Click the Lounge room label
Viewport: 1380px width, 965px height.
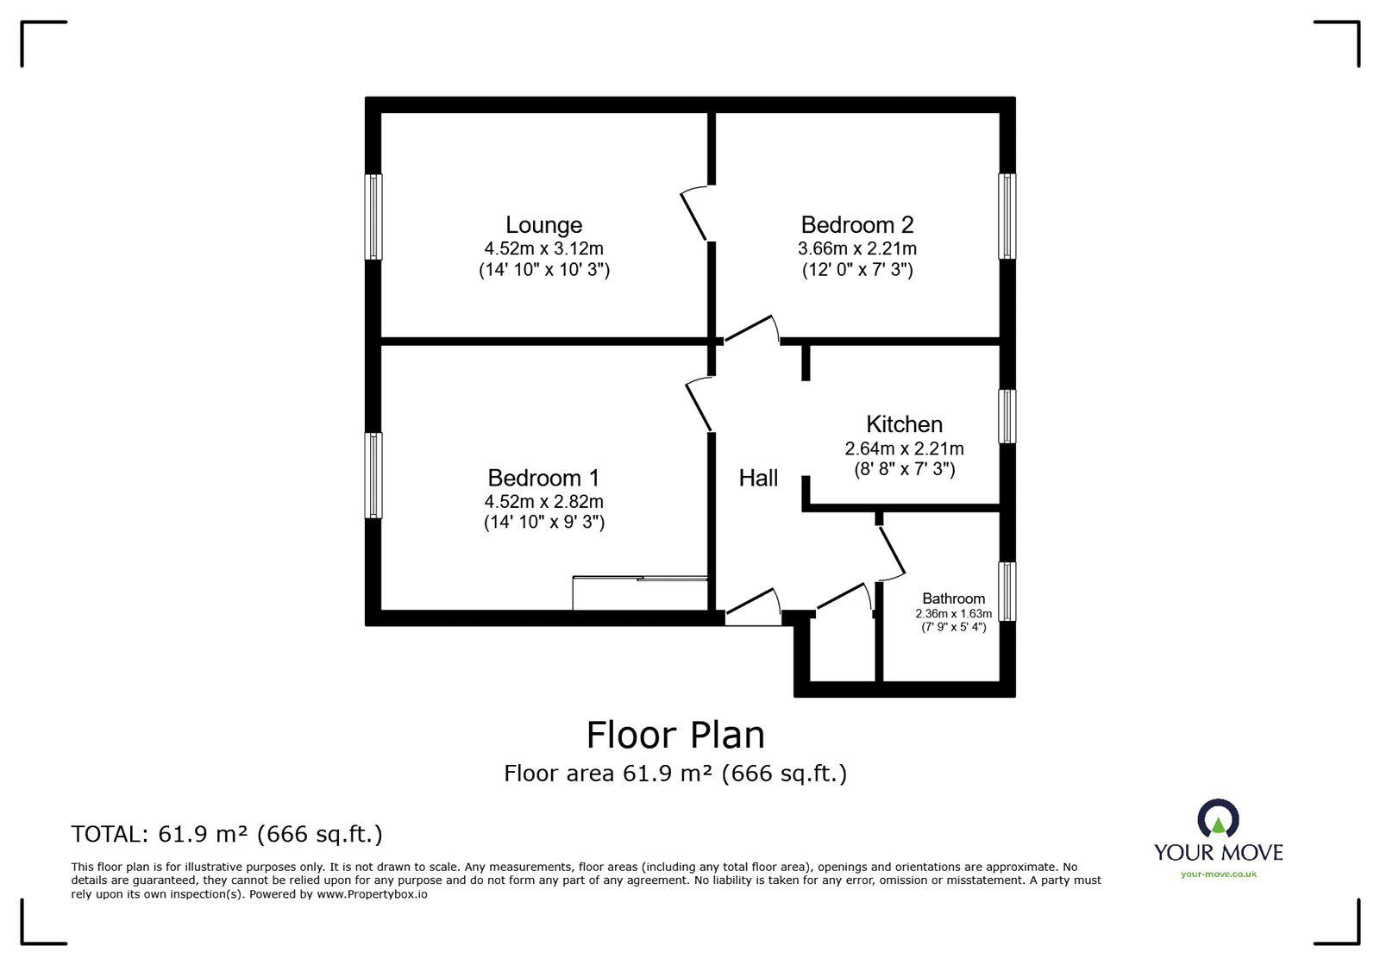click(x=543, y=225)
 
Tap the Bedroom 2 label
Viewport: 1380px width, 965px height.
click(x=856, y=225)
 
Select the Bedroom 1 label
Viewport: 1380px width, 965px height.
click(x=543, y=478)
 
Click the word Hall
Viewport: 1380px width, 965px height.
click(x=758, y=478)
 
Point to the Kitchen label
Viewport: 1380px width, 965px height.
click(x=904, y=424)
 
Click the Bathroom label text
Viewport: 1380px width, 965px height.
click(x=953, y=598)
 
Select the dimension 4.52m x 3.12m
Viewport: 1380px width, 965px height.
click(x=543, y=248)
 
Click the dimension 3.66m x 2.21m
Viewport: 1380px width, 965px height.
click(x=856, y=248)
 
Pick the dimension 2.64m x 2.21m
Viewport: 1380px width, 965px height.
click(x=904, y=448)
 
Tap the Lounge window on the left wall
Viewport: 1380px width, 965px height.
click(x=373, y=216)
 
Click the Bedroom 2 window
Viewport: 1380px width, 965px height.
click(x=1007, y=216)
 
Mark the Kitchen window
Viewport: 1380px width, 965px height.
click(x=1007, y=417)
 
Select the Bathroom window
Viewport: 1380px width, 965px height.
click(x=1007, y=592)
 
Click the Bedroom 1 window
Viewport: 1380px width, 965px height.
click(x=373, y=475)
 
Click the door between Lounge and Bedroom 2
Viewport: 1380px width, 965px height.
click(x=694, y=216)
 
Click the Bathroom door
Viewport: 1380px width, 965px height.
click(x=892, y=552)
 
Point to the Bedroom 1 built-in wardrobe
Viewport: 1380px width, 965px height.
click(x=640, y=593)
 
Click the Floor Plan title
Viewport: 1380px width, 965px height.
click(x=675, y=735)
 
